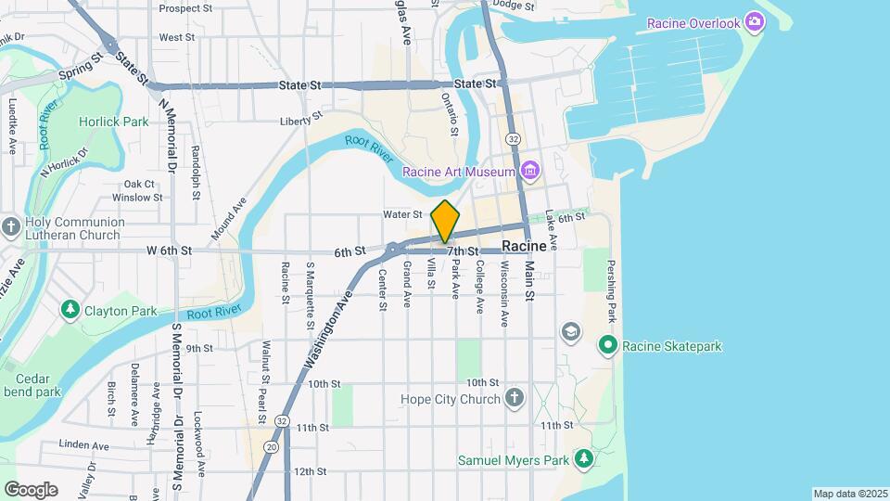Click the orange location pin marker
click(x=446, y=221)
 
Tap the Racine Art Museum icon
click(x=529, y=172)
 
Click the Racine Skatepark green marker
click(x=608, y=347)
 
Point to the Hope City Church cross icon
click(x=516, y=399)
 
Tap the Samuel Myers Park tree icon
click(x=584, y=459)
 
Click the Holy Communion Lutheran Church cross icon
click(x=11, y=227)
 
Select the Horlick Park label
click(x=113, y=122)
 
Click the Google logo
click(x=31, y=489)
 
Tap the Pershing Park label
click(x=611, y=298)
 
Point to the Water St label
click(x=403, y=214)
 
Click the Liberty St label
click(x=301, y=120)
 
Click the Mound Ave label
click(x=229, y=219)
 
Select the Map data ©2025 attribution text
click(x=849, y=494)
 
